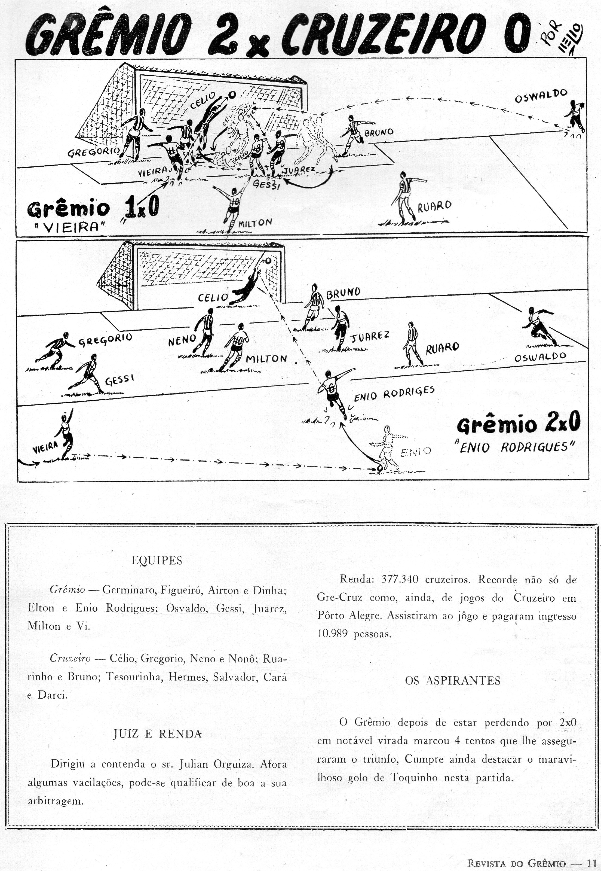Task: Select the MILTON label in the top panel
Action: [255, 223]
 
